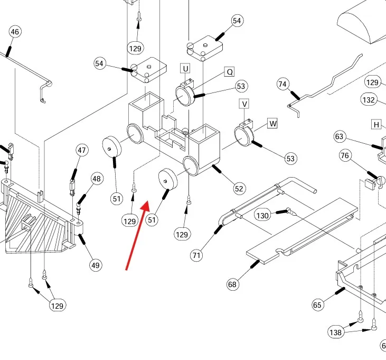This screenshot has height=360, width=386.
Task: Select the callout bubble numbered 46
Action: pos(15,32)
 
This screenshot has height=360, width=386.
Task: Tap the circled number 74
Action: pos(283,84)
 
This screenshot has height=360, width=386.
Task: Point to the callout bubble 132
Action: pos(369,99)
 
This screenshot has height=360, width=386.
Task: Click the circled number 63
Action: pos(340,137)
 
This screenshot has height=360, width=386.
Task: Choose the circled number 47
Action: pos(82,150)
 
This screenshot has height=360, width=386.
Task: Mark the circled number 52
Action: pos(239,188)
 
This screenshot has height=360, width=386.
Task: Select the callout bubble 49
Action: pos(95,265)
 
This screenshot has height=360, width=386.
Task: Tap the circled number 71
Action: pos(196,255)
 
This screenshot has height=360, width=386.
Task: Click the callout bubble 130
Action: pos(262,215)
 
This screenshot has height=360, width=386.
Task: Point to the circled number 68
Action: pos(232,284)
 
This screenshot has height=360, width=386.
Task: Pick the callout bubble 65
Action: pos(317,304)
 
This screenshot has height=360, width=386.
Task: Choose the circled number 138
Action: pos(336,332)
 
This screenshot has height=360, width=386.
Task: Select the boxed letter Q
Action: pos(229,71)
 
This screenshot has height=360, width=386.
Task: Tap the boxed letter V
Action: pos(244,104)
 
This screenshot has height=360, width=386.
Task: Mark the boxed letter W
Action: pos(272,124)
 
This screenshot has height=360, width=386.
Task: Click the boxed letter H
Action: pos(376,124)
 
